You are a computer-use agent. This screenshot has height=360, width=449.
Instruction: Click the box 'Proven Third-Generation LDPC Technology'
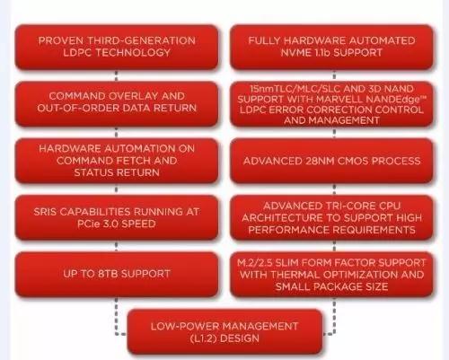tap(117, 48)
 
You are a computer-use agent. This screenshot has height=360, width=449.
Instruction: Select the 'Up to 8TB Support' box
tap(117, 275)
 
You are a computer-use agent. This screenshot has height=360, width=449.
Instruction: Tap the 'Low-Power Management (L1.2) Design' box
tap(224, 332)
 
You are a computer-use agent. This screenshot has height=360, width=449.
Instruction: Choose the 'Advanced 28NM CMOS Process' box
tap(332, 161)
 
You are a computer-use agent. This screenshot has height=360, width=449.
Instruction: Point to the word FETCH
tap(134, 161)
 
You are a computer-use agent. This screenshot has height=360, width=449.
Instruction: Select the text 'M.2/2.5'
tap(255, 263)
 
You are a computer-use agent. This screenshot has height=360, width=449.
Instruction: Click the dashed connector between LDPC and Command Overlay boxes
tap(116, 75)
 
